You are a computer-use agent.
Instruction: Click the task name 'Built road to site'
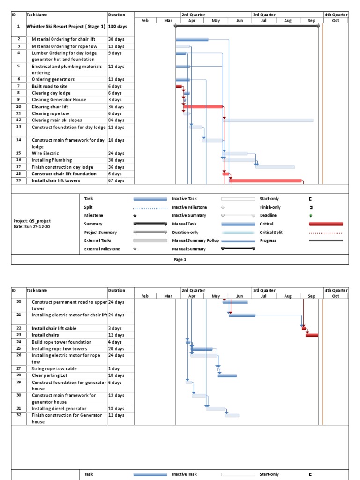point(50,86)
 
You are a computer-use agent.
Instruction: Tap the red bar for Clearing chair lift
point(203,107)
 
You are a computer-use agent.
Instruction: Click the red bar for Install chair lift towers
point(265,180)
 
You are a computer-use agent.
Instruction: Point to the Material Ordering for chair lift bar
point(192,40)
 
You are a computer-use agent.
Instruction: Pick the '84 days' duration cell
point(116,120)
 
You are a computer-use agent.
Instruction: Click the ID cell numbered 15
point(19,153)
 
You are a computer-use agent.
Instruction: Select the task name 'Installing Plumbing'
point(52,160)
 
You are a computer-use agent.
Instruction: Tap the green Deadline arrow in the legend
point(310,216)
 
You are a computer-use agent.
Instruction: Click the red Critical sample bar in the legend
point(326,224)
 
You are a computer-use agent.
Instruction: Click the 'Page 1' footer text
point(180,260)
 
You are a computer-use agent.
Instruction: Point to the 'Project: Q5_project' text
point(32,221)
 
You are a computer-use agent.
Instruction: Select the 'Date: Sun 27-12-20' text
point(32,227)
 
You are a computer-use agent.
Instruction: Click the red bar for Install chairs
point(312,335)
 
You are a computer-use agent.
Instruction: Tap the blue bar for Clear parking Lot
point(227,375)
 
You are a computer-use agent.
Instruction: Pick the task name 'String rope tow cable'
point(54,369)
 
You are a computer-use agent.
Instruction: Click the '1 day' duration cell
point(114,369)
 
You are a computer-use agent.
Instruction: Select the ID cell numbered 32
point(19,415)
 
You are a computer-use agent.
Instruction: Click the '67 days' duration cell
point(116,180)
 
